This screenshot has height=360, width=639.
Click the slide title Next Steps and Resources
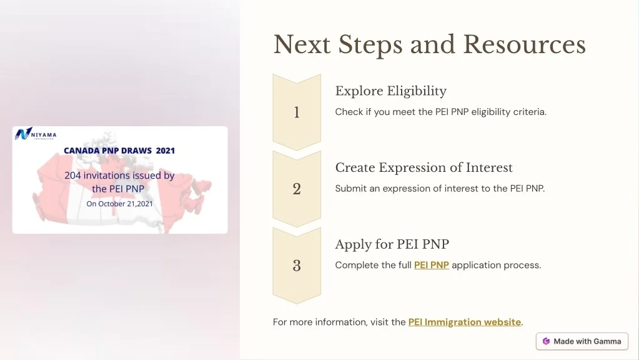click(x=430, y=44)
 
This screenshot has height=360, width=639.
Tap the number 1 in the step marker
click(x=297, y=112)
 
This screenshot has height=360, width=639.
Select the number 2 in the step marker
click(x=297, y=189)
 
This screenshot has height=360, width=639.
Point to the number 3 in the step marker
click(x=297, y=266)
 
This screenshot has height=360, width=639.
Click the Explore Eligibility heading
click(x=391, y=91)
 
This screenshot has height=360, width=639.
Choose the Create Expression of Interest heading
click(x=424, y=167)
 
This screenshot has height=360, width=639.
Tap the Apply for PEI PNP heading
click(x=392, y=244)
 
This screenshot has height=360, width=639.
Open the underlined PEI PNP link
click(x=432, y=265)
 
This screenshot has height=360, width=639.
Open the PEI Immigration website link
click(x=465, y=322)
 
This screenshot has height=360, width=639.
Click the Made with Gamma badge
click(x=582, y=341)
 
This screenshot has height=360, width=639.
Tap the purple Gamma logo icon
click(x=546, y=341)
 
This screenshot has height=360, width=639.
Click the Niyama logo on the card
click(x=36, y=134)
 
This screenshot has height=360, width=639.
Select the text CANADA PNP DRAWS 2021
click(x=119, y=151)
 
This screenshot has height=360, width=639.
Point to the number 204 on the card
click(x=72, y=175)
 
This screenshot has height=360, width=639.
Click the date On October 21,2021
click(x=119, y=204)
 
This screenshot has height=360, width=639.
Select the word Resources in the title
click(x=525, y=44)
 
